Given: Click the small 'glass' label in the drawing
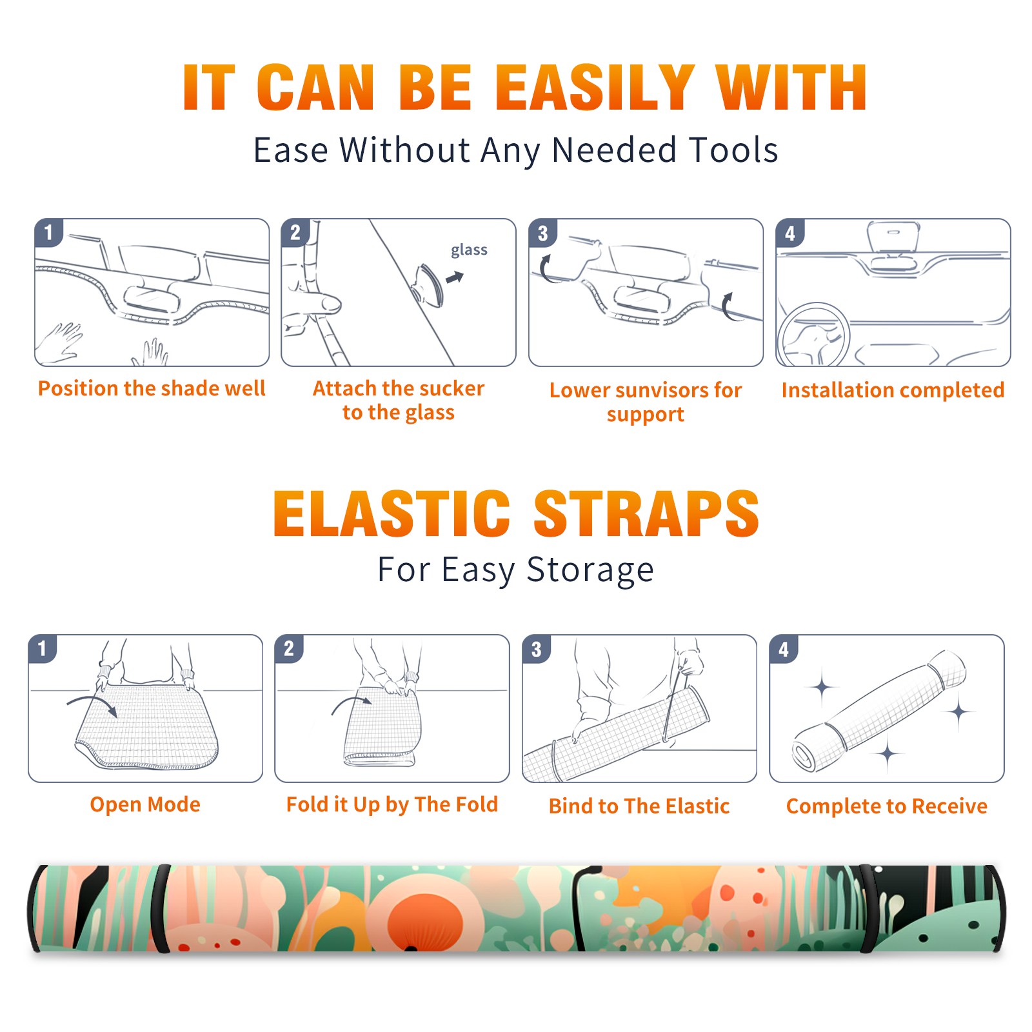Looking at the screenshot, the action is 469,250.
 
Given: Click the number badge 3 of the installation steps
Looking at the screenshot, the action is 542,233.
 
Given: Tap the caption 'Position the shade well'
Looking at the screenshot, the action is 152,388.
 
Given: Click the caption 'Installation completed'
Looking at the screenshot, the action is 893,390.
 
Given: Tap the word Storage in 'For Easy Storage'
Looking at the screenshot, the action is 590,571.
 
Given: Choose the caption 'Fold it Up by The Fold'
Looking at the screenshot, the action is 392,805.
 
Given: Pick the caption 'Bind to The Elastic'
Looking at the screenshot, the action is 639,806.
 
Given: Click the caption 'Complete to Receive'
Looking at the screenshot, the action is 887,806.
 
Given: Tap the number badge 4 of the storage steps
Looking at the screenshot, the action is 784,649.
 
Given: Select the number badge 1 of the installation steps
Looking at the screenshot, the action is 48,232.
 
